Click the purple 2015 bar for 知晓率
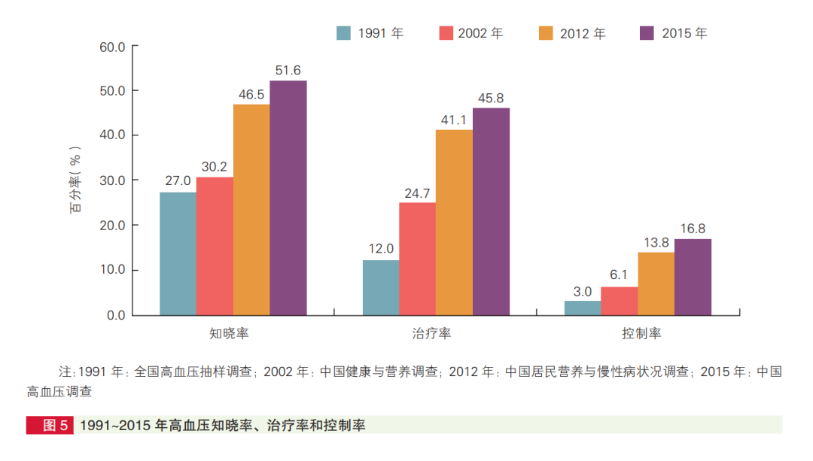(288, 198)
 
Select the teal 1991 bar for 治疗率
(380, 287)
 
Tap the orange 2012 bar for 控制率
(656, 284)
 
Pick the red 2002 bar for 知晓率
(215, 246)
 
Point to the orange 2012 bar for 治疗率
(454, 223)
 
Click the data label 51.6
(288, 71)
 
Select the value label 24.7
(417, 193)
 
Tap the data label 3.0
(583, 292)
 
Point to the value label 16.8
(693, 229)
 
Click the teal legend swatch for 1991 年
(344, 33)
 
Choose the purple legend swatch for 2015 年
(647, 33)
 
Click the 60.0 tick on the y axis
(112, 47)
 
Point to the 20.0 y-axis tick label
(112, 226)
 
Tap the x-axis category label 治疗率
(432, 332)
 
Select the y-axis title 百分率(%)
(76, 181)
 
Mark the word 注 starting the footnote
(65, 372)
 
